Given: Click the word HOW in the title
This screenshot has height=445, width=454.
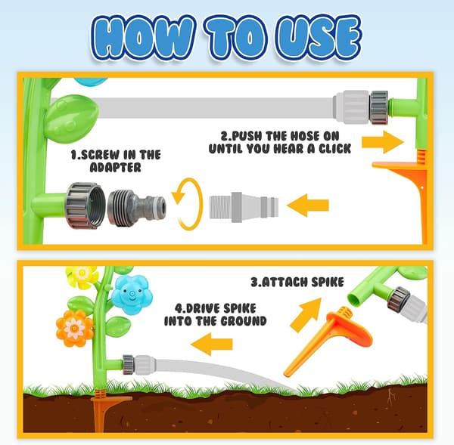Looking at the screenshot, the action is point(142,38).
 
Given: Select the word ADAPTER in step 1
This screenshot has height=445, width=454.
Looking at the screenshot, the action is point(115,168).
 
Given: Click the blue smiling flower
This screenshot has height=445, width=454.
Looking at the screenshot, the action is point(132,295).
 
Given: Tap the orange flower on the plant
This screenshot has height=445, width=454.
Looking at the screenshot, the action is point(75,328).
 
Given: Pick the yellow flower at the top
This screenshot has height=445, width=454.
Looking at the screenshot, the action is point(82,276).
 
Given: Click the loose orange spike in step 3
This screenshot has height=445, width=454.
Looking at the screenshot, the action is point(327,341).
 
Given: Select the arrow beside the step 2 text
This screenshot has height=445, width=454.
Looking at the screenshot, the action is point(383,142).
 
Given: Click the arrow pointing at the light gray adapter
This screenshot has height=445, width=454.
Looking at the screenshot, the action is point(308,206).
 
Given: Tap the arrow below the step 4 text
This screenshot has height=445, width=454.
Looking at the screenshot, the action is point(212,344).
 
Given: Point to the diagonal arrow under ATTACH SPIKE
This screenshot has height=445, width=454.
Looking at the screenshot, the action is point(306,315).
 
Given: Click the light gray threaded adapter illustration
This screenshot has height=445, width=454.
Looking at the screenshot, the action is point(244,207).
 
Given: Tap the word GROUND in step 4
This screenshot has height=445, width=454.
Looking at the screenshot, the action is point(244,321).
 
